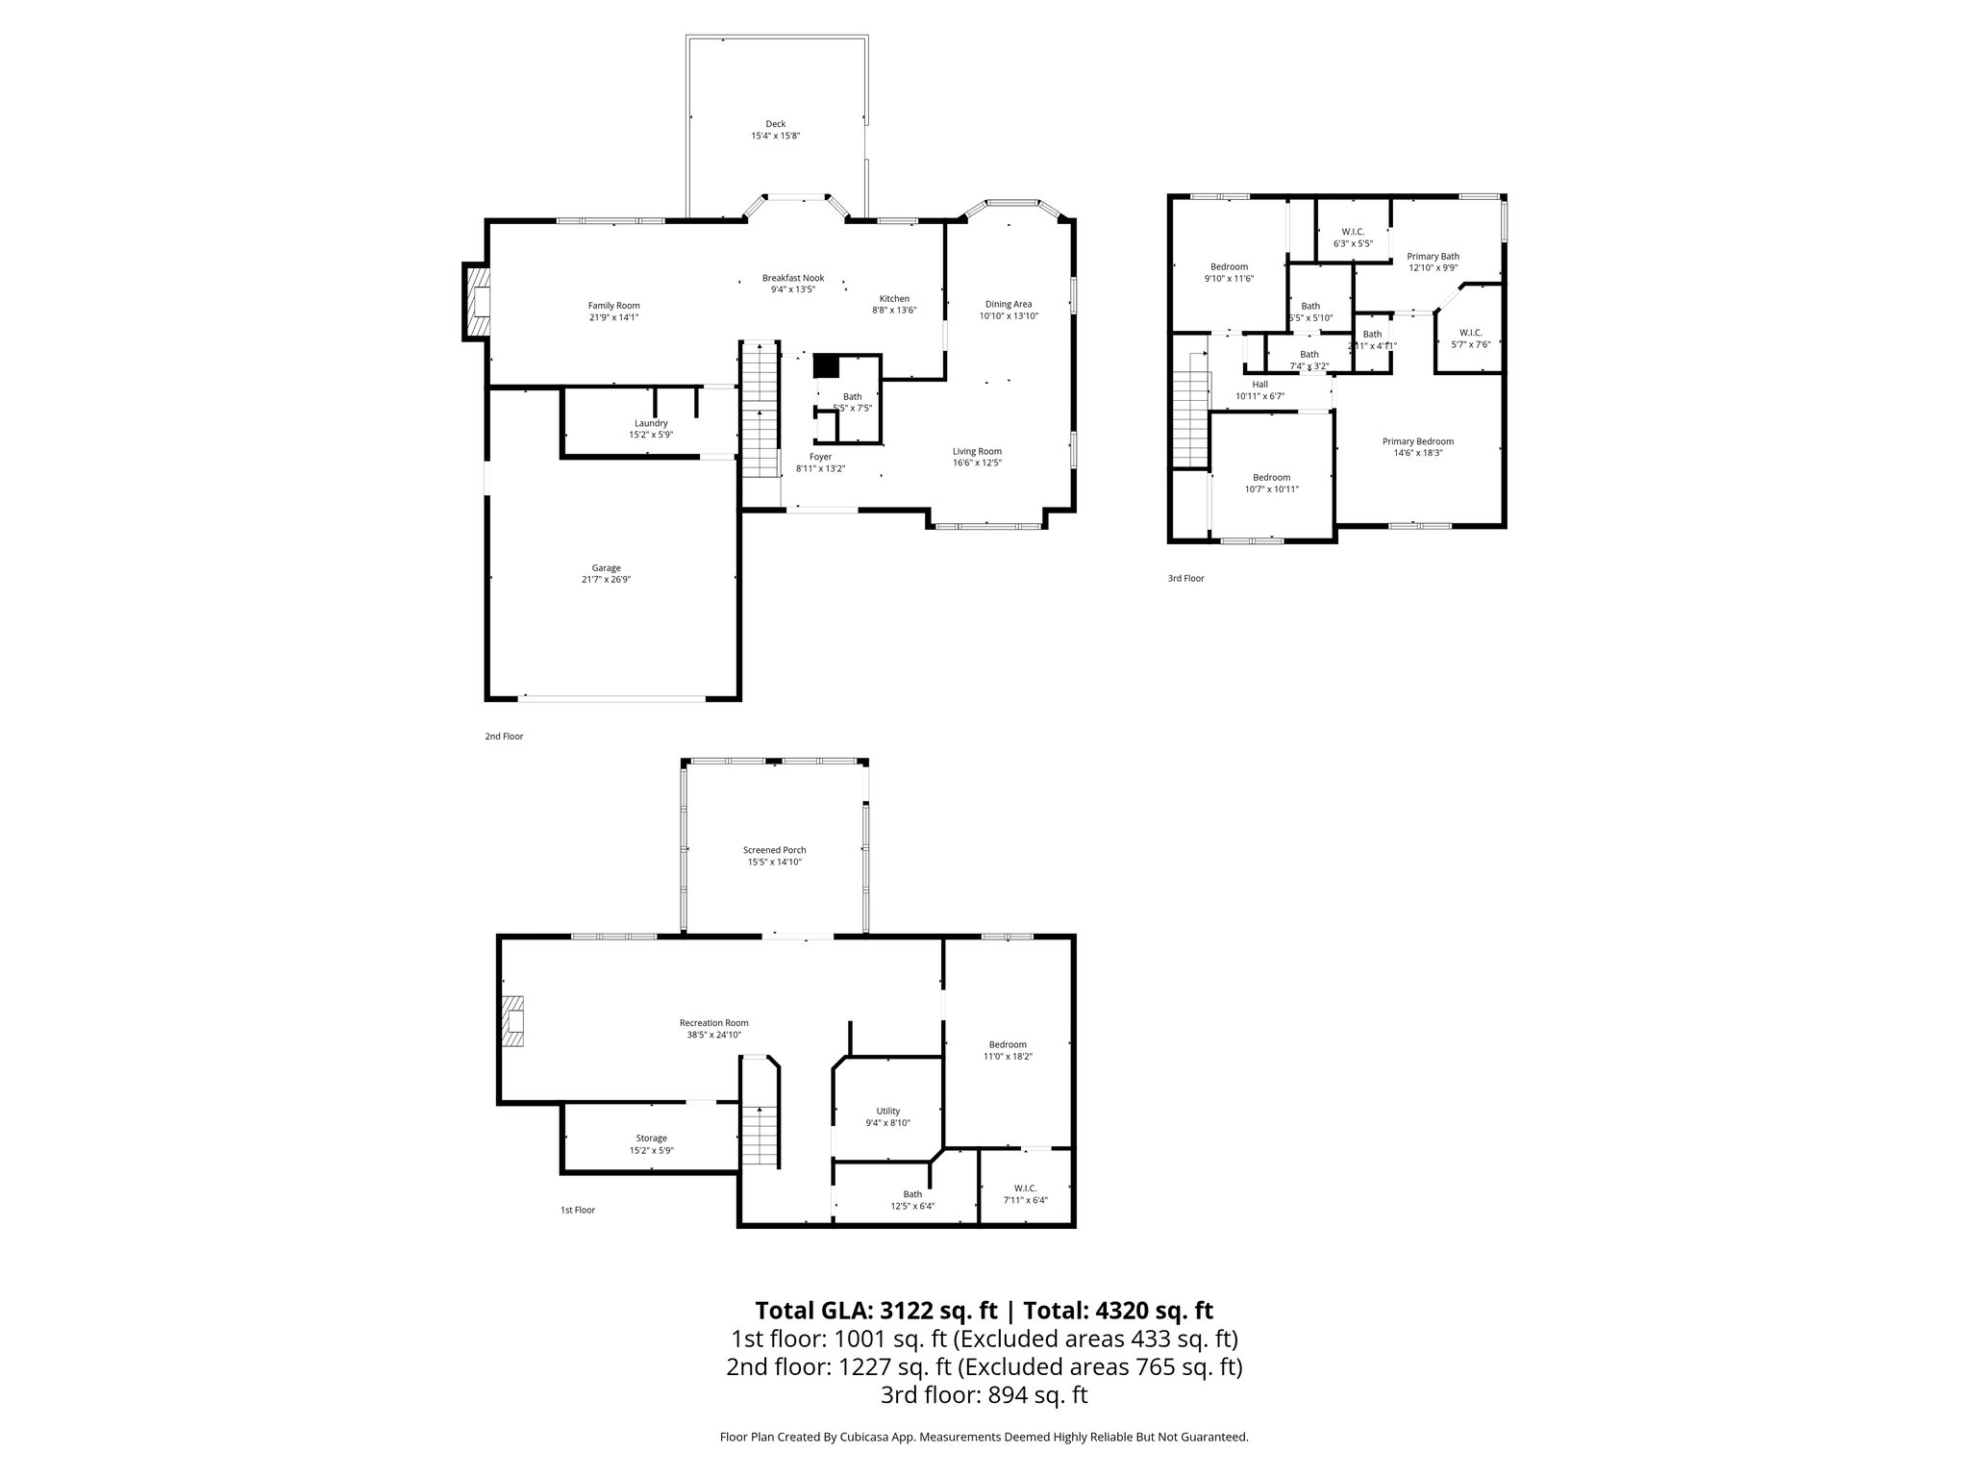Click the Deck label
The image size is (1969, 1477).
pos(775,124)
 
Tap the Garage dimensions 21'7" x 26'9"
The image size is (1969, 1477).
pos(606,580)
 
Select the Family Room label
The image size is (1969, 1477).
pos(613,306)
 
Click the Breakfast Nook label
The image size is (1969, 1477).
pos(792,278)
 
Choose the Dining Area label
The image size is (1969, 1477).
pos(1008,304)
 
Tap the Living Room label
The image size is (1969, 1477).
pos(977,451)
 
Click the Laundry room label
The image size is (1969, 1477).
pos(651,423)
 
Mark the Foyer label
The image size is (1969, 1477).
pos(820,457)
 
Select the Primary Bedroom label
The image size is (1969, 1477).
pos(1417,441)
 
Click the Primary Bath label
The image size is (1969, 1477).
pos(1433,257)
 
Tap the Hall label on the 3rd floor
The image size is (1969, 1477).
pos(1259,385)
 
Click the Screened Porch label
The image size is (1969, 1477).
pos(774,850)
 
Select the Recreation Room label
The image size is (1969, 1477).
pos(713,1023)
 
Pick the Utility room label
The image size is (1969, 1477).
pos(887,1111)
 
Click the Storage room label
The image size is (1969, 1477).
pos(651,1139)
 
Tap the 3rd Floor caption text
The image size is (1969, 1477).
pos(1185,579)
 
